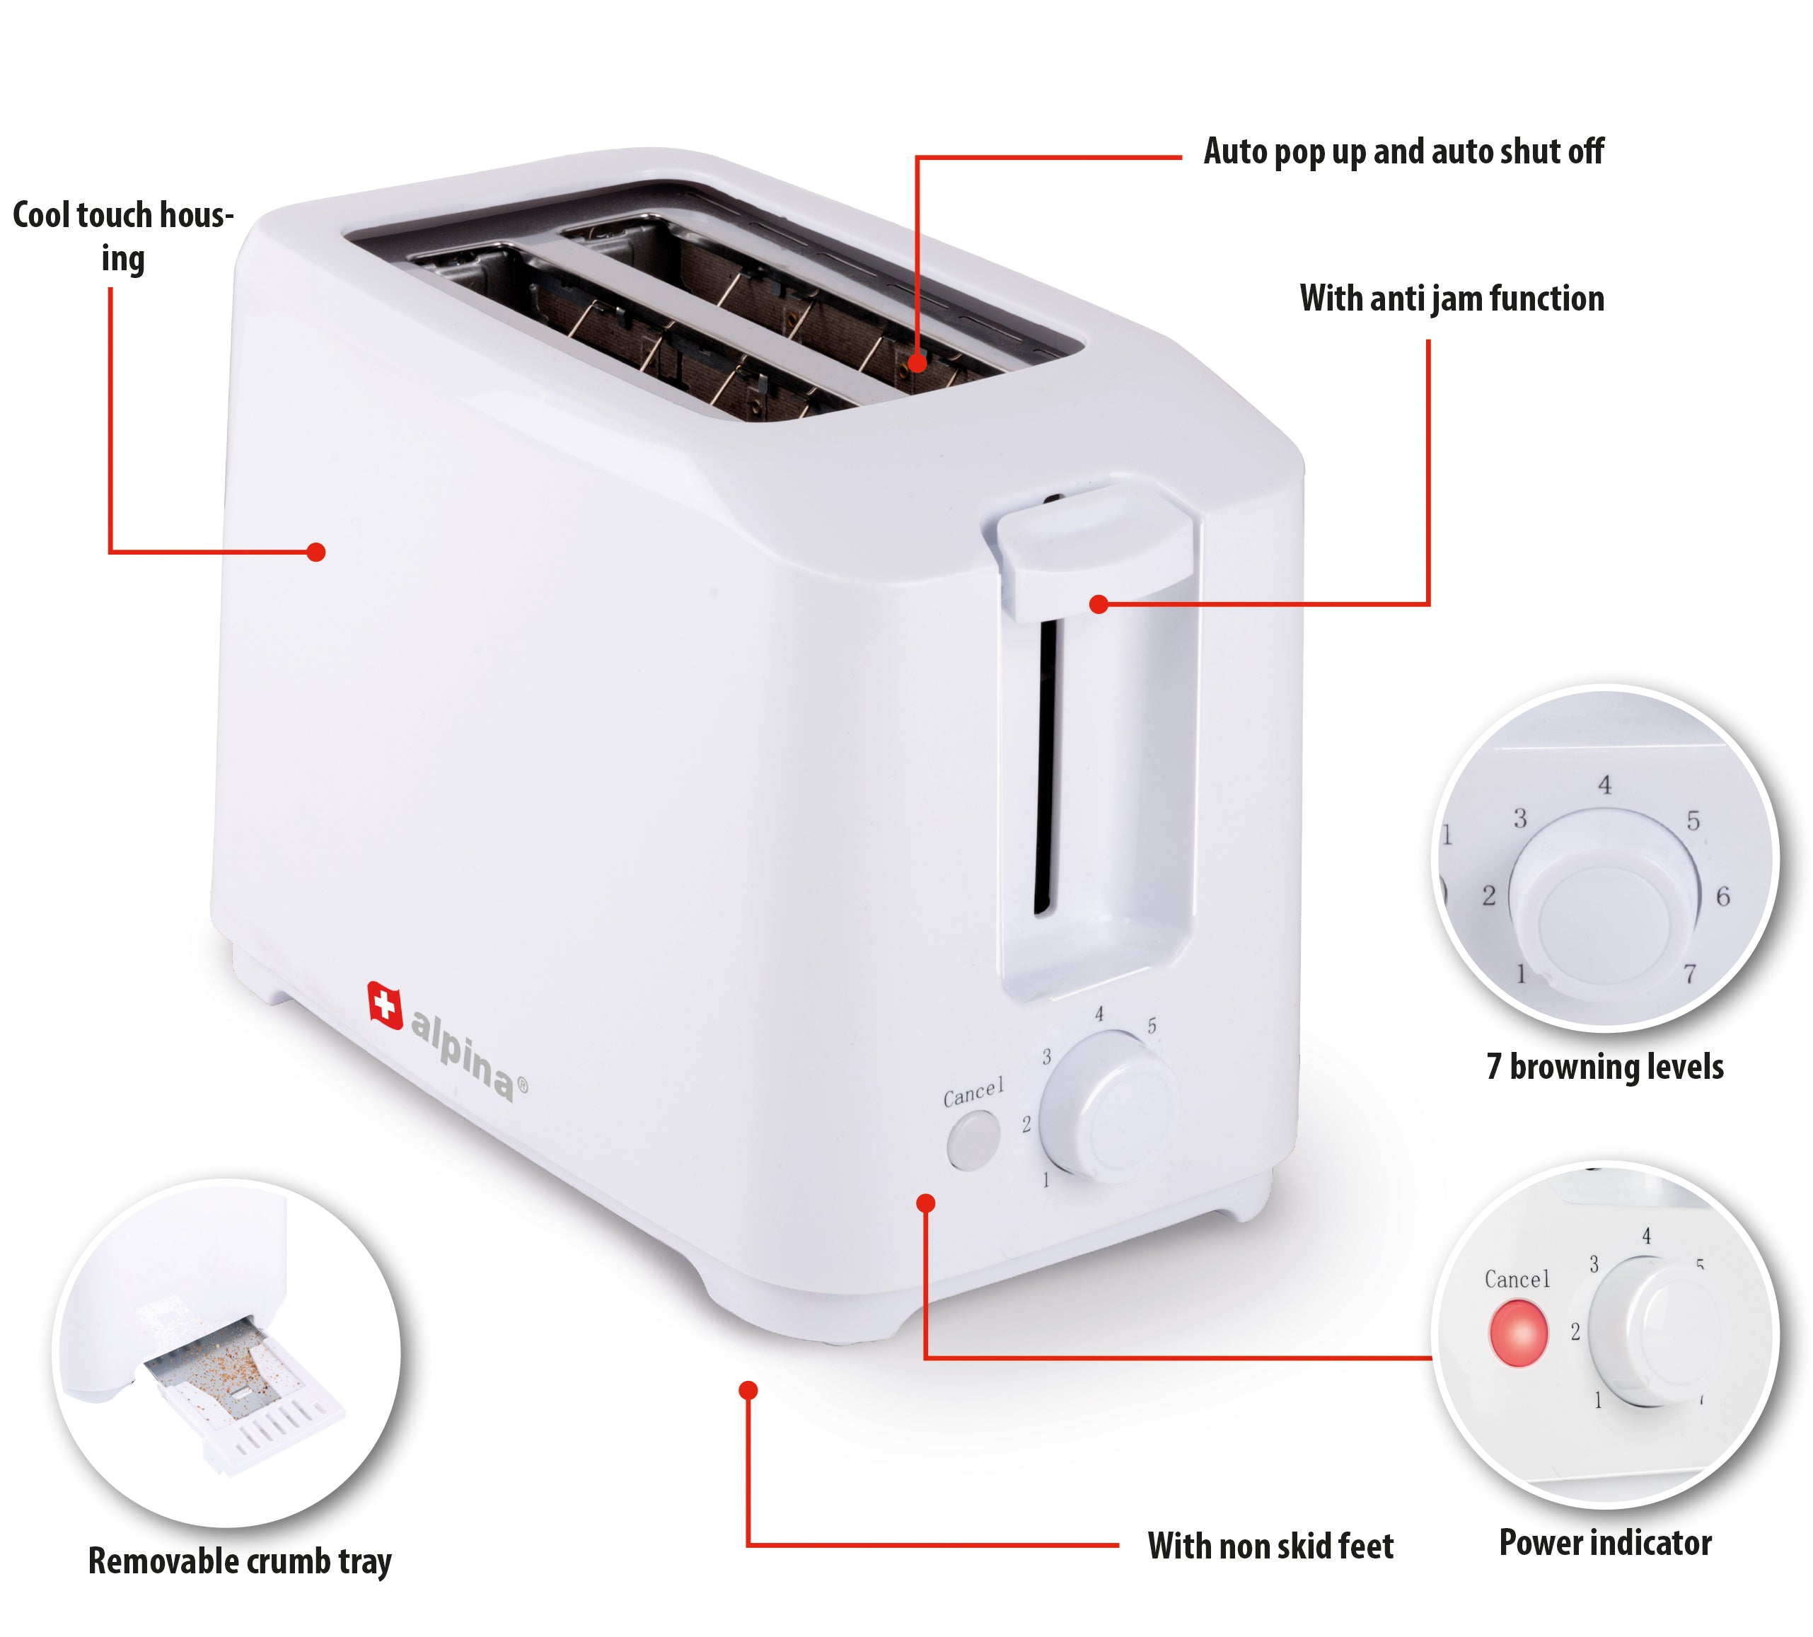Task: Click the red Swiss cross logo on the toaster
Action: [x=385, y=1005]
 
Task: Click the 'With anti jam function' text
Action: [x=1452, y=299]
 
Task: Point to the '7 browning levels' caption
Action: [x=1604, y=1067]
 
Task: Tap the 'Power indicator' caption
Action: [x=1605, y=1544]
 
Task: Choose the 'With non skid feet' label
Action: [x=1270, y=1546]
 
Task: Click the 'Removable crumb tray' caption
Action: [x=240, y=1561]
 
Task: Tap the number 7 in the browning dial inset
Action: [x=1690, y=974]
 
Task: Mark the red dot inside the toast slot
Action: [x=916, y=364]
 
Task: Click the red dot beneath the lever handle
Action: [x=1098, y=604]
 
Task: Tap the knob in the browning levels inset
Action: [x=1604, y=899]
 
